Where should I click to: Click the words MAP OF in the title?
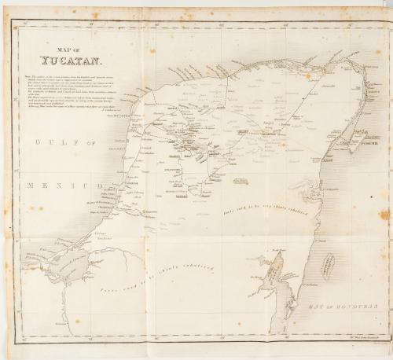tap(70, 47)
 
